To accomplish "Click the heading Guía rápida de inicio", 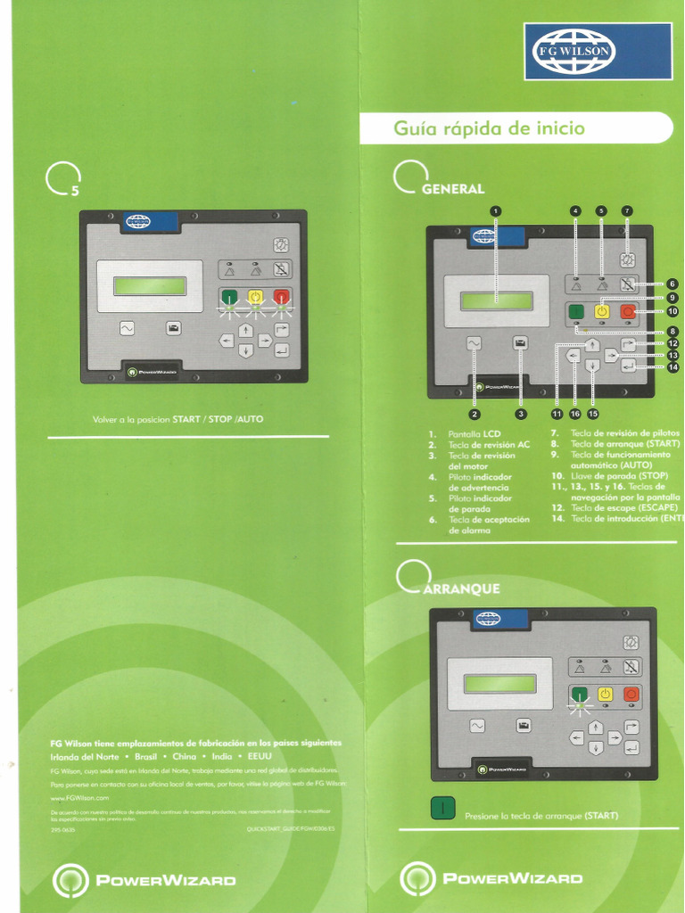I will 490,128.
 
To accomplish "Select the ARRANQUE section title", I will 462,588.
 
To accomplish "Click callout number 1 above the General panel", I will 496,211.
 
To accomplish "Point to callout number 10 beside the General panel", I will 673,312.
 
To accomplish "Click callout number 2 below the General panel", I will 475,414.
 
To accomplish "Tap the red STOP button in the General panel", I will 628,311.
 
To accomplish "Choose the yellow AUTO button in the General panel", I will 601,311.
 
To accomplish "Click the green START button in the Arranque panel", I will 580,694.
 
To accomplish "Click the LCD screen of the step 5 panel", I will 150,286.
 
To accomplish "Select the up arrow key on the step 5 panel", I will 246,330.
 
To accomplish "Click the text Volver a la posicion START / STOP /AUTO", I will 178,418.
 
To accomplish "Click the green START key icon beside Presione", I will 443,809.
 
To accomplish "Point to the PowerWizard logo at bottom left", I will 144,880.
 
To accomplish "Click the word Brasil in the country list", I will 145,756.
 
